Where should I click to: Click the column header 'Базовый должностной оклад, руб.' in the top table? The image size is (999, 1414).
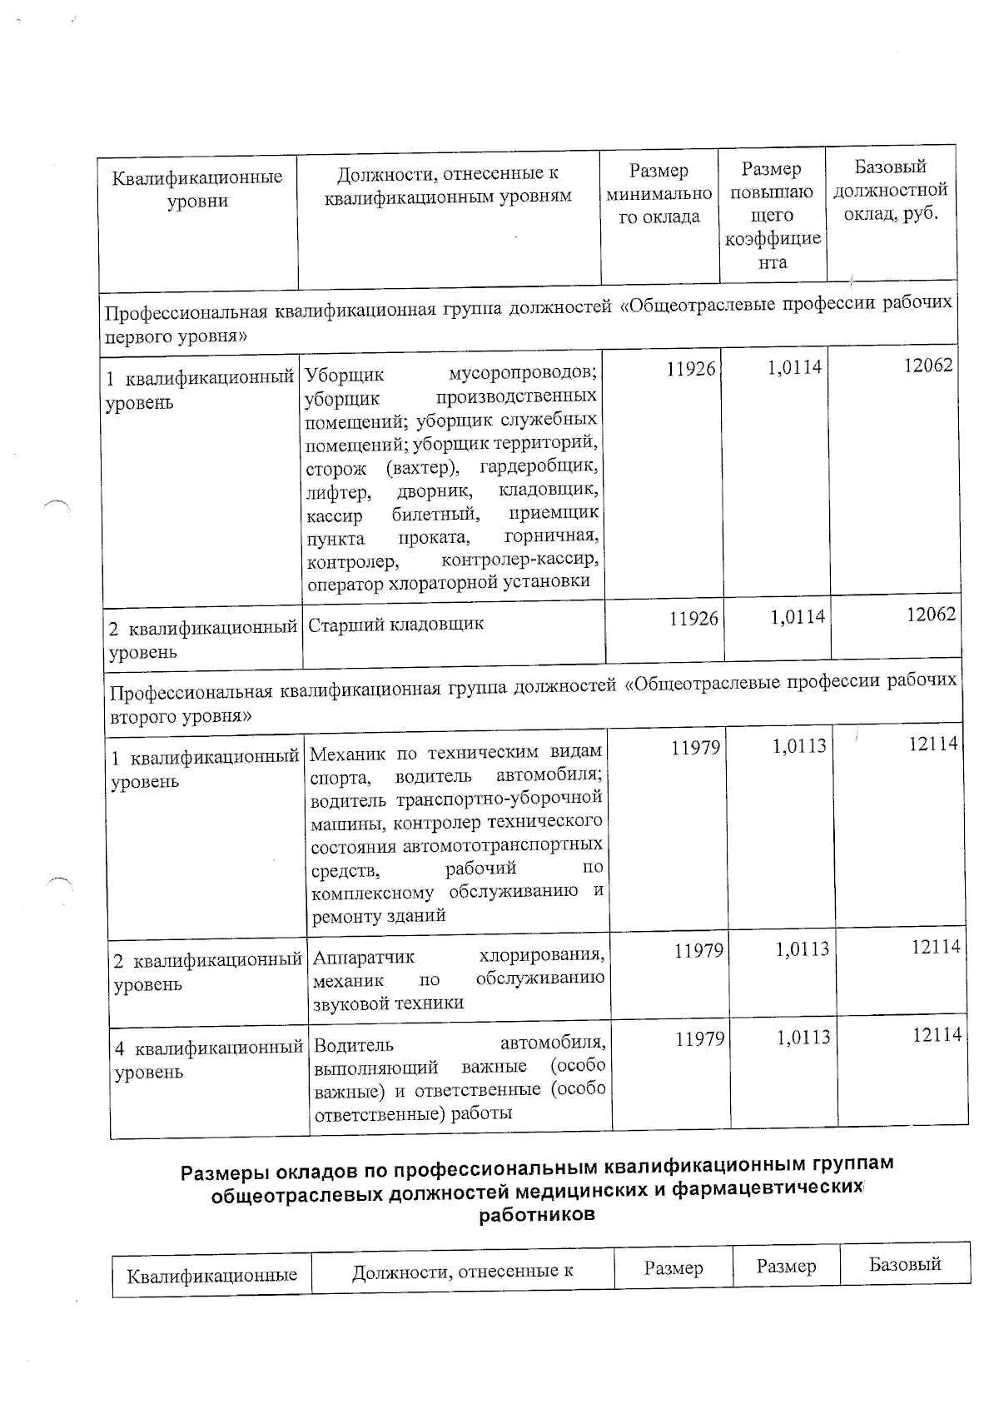click(891, 191)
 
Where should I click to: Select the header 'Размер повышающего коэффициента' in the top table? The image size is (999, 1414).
click(772, 216)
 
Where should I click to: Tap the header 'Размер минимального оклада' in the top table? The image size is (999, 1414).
click(659, 194)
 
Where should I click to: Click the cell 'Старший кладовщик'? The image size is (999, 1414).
click(395, 625)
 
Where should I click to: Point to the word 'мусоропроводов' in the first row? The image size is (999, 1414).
click(522, 372)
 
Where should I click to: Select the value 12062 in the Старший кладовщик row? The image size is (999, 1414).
click(931, 615)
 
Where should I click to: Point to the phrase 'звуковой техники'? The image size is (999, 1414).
click(388, 1003)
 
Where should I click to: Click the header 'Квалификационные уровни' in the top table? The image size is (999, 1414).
click(197, 189)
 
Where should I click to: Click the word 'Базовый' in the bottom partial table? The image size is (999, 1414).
click(904, 1264)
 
